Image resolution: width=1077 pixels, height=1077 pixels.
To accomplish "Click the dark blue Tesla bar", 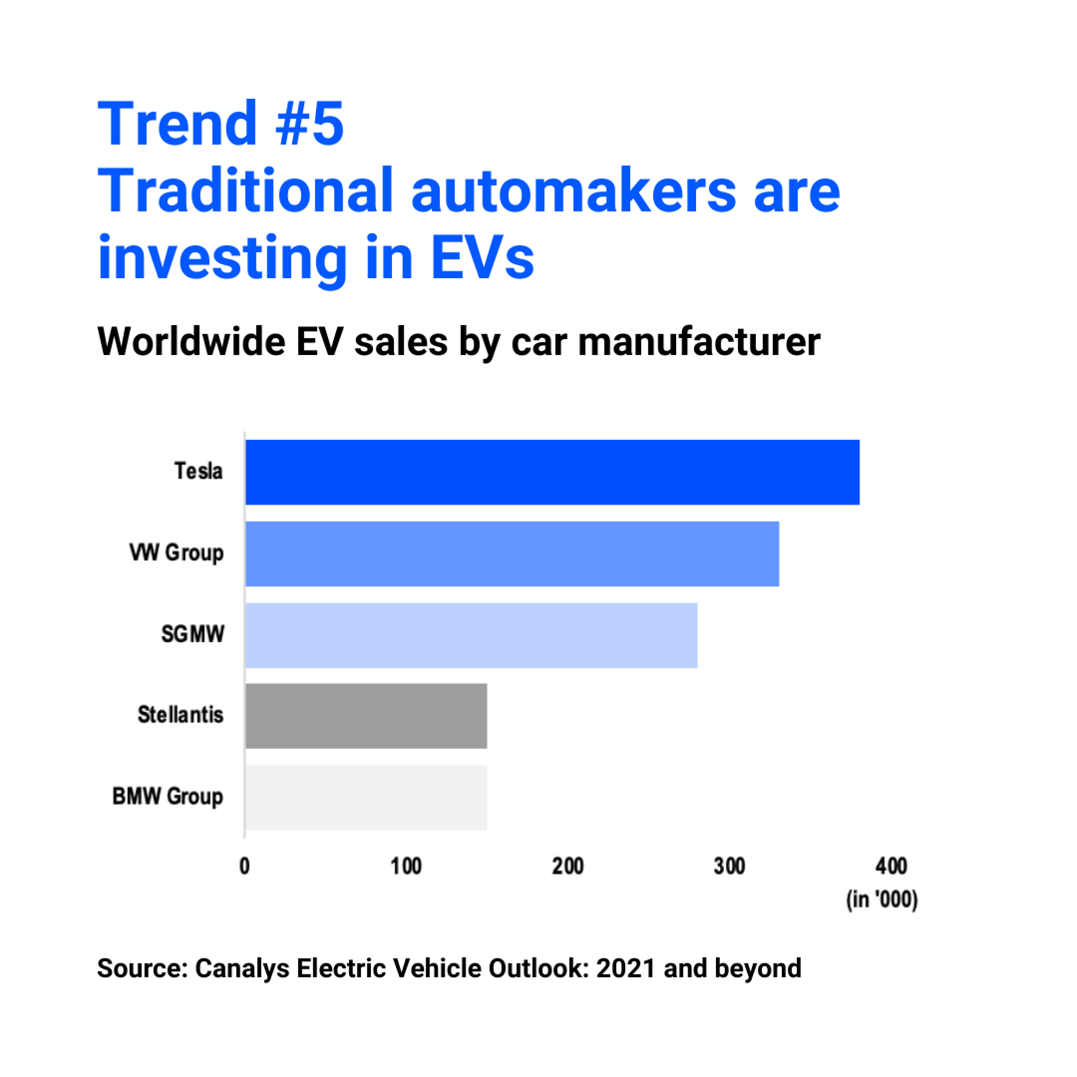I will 552,472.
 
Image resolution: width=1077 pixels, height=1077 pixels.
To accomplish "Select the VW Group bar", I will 512,553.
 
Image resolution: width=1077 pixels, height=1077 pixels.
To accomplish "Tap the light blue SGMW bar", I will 471,635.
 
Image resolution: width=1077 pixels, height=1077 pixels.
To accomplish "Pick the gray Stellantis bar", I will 365,716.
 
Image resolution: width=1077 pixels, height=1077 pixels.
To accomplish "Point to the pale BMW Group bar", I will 365,797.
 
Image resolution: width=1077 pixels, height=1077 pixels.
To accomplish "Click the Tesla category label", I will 198,471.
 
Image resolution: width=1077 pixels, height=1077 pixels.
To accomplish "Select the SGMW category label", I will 193,634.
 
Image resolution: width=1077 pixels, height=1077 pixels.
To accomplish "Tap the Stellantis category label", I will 180,715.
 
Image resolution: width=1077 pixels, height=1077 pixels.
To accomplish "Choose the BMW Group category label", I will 168,797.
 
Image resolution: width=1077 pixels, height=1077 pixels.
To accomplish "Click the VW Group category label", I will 177,553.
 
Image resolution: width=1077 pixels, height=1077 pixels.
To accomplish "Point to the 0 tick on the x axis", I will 245,866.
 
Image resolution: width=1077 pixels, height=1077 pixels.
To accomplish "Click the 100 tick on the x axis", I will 406,866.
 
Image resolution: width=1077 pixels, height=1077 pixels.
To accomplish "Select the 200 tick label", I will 567,866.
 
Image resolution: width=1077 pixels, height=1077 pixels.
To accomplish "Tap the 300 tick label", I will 729,866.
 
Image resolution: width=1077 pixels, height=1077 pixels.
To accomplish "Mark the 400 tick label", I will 892,866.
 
